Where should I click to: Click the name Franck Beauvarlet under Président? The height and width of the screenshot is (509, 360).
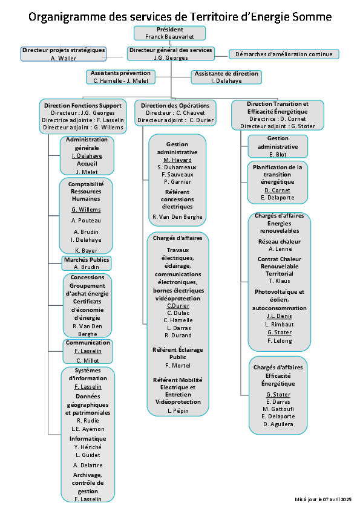(169, 37)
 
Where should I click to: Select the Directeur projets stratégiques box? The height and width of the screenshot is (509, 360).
(64, 54)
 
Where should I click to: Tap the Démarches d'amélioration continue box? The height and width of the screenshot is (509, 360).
(284, 54)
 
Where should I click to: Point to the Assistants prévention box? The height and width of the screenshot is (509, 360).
(120, 77)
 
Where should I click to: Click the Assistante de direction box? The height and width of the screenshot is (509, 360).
(226, 77)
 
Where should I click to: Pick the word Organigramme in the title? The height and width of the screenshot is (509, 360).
(67, 16)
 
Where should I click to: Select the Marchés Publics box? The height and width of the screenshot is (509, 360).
(87, 263)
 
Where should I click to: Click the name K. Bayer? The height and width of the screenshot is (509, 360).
(87, 251)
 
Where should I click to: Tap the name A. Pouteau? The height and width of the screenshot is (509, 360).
(86, 221)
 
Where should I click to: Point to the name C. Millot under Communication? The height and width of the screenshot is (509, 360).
(88, 361)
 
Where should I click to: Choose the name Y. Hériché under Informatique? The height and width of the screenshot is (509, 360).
(88, 447)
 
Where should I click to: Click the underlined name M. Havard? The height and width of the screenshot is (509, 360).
(177, 160)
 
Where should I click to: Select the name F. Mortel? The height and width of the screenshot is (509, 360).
(178, 366)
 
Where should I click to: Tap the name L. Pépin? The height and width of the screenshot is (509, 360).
(178, 410)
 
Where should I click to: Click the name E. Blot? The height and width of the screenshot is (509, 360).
(278, 155)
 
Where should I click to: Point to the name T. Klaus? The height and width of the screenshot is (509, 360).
(280, 280)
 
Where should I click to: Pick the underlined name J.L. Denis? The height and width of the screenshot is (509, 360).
(280, 316)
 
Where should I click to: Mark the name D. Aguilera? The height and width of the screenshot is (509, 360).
(278, 424)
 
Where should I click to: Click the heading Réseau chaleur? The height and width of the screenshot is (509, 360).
(280, 242)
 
